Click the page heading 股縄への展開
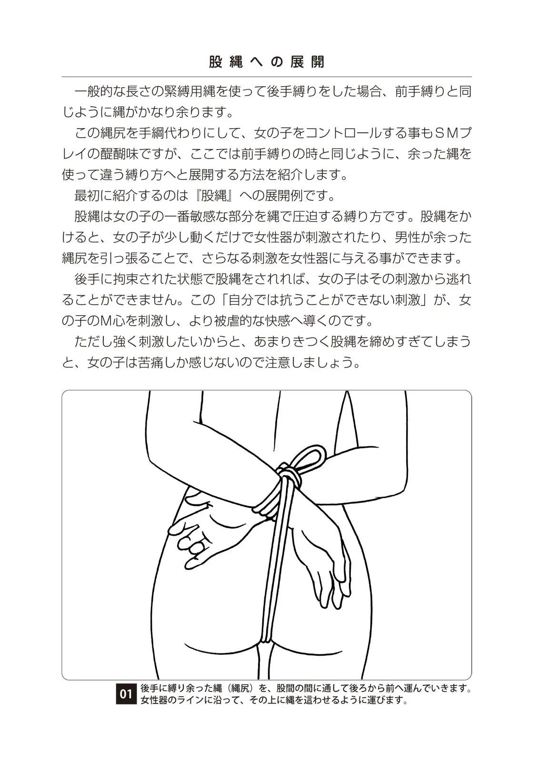coord(267,62)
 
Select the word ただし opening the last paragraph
coord(93,341)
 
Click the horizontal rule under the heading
coord(267,77)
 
